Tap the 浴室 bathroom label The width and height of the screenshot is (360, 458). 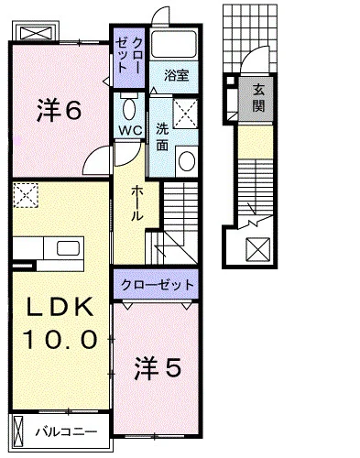pos(177,76)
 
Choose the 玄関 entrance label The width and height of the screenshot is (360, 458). pos(258,96)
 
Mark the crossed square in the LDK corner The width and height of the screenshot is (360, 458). pos(25,195)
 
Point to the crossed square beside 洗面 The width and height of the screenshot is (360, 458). pos(188,116)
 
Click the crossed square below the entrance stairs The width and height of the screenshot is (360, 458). pos(258,248)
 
